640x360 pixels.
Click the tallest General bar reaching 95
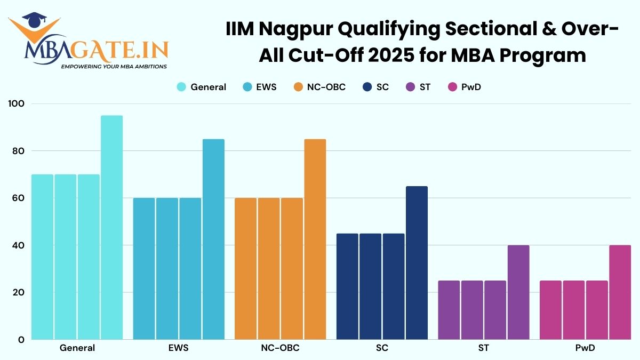tap(111, 227)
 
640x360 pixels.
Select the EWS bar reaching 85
tap(213, 239)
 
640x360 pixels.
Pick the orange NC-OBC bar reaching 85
tap(315, 239)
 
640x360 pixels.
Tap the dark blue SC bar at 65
tap(417, 262)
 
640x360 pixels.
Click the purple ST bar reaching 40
tap(518, 292)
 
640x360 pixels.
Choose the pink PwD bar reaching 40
tap(620, 292)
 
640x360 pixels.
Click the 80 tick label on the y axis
tap(19, 151)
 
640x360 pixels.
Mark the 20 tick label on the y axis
tap(19, 293)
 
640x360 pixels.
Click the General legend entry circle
tap(181, 87)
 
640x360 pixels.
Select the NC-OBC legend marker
tap(299, 87)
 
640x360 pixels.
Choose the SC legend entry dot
tap(367, 87)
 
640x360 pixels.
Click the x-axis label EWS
tap(178, 348)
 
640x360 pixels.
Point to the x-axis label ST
tap(483, 348)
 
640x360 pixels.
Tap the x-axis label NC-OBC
tap(280, 348)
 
